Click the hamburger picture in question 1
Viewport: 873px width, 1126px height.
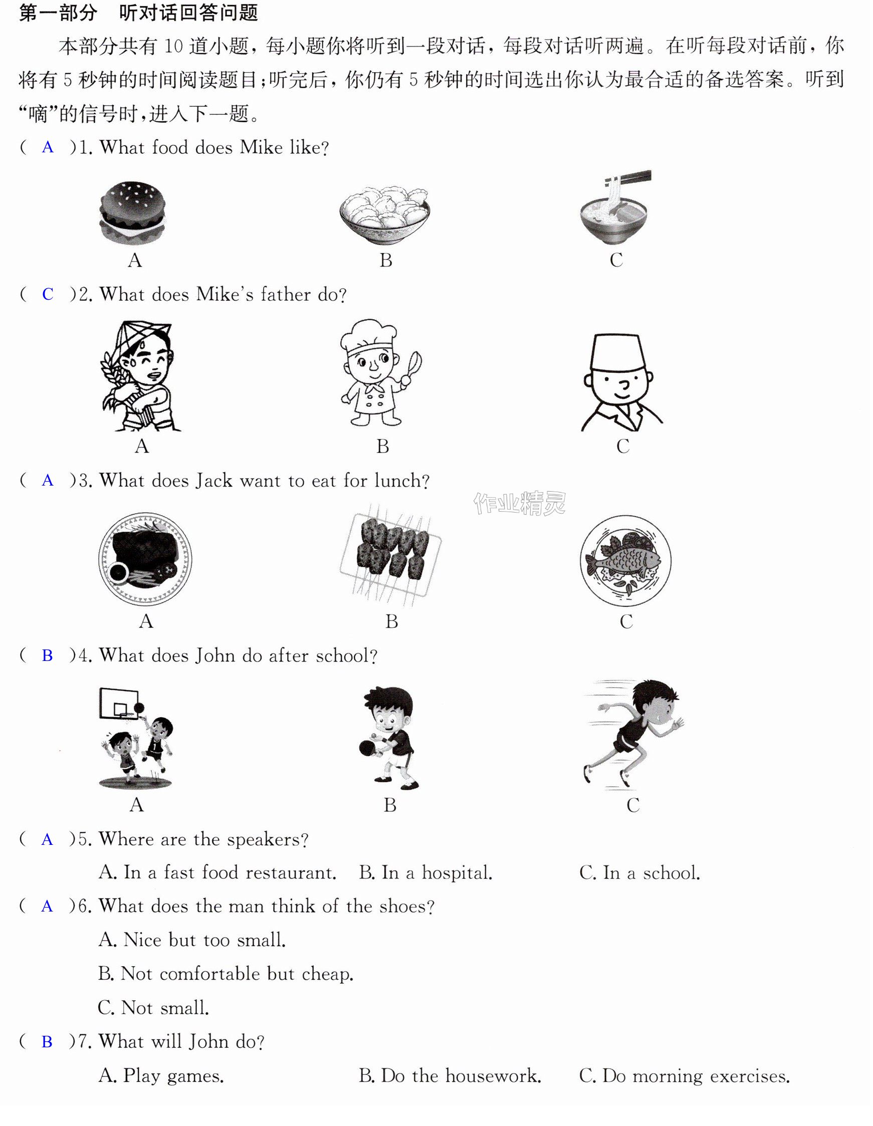(133, 212)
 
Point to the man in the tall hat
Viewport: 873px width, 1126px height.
(622, 382)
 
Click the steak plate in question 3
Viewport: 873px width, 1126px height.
(145, 559)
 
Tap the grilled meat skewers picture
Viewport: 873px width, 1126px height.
(390, 553)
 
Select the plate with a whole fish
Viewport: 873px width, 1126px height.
(625, 560)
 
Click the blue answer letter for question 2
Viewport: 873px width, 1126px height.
(48, 294)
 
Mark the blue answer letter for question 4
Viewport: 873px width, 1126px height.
(47, 656)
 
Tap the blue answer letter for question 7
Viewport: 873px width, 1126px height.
(47, 1042)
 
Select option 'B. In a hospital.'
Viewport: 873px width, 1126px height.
(426, 873)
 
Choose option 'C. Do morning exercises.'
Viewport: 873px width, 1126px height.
(685, 1076)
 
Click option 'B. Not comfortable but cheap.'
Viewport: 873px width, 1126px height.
(226, 974)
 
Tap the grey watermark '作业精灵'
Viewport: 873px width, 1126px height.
(520, 504)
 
